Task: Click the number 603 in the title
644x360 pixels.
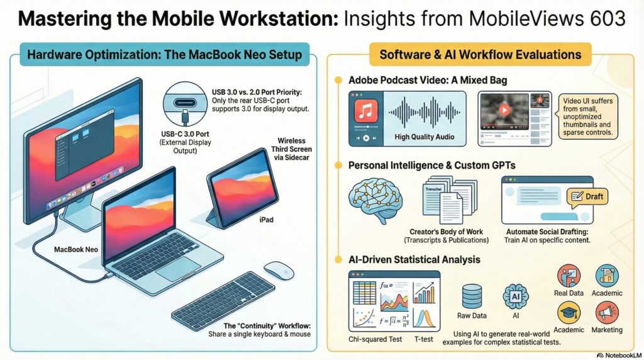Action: pos(606,18)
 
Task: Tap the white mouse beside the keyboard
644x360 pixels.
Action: pos(279,271)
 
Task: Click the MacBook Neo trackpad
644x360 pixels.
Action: pos(178,269)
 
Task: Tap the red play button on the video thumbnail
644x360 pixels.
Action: pos(504,110)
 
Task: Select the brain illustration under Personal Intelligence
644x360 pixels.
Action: pos(375,200)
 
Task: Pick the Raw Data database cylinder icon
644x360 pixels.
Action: pos(472,296)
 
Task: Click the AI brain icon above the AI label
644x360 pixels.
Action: pos(516,296)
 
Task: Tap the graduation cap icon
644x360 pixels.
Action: pos(569,313)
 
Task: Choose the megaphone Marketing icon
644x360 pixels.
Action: pos(607,313)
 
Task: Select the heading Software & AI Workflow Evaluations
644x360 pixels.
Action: pos(480,54)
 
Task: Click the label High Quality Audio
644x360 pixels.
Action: pos(425,137)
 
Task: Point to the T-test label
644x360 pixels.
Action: pos(423,339)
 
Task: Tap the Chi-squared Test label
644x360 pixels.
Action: pos(375,339)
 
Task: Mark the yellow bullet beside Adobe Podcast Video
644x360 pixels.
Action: pos(338,80)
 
